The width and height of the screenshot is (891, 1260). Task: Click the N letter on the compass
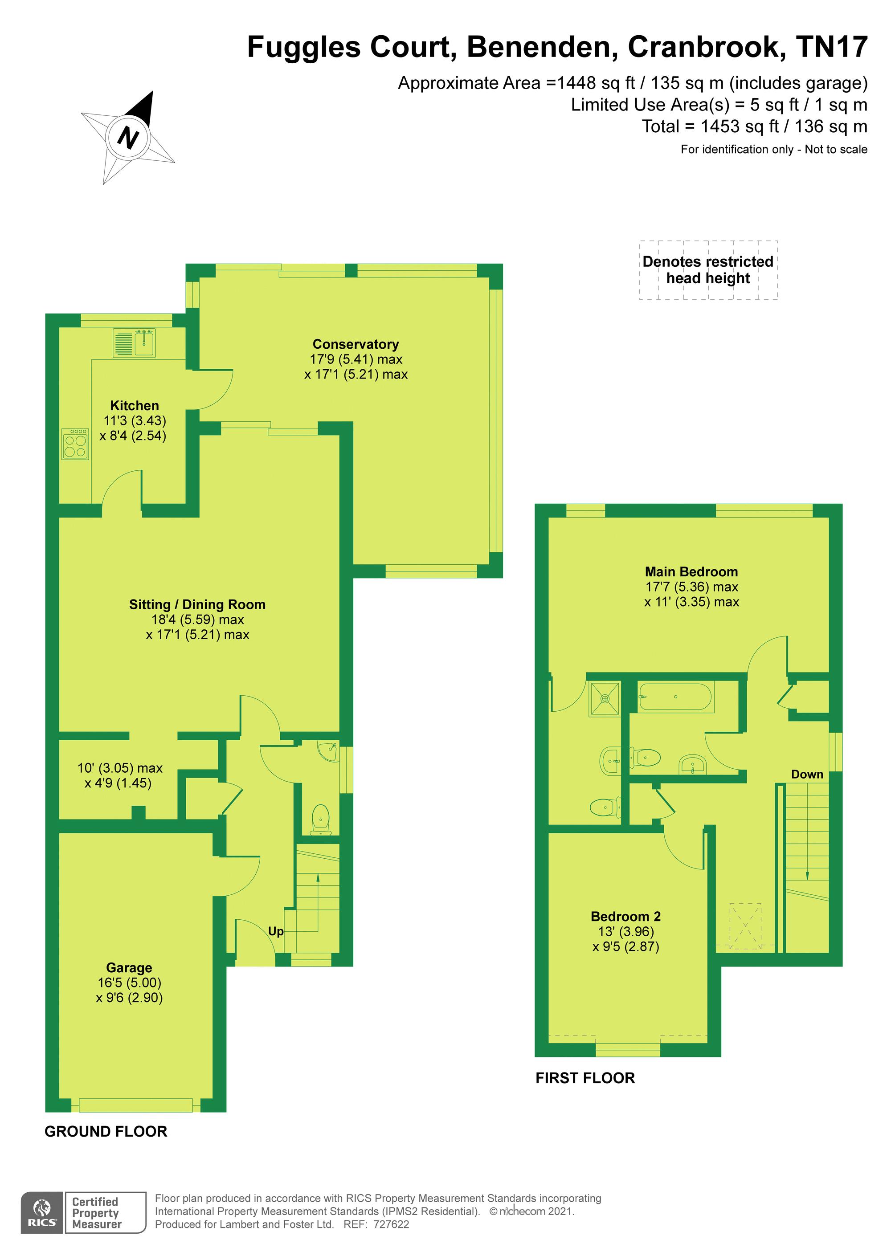click(x=128, y=137)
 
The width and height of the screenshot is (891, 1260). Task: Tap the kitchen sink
click(x=135, y=343)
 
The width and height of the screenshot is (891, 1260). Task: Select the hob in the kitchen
click(x=75, y=444)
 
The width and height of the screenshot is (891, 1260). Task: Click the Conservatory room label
click(x=356, y=344)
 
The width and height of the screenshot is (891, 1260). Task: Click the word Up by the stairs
click(x=276, y=931)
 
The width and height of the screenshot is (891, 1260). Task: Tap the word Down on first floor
click(x=807, y=775)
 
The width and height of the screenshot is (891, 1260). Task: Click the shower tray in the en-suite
click(x=605, y=699)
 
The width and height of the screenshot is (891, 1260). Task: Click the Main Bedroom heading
click(x=691, y=571)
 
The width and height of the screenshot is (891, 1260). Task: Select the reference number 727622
click(x=392, y=1224)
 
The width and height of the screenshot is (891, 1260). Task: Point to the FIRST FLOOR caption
click(x=585, y=1078)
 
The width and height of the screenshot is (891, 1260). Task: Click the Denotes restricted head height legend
click(x=708, y=270)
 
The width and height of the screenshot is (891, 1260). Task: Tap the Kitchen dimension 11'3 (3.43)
click(x=135, y=421)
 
